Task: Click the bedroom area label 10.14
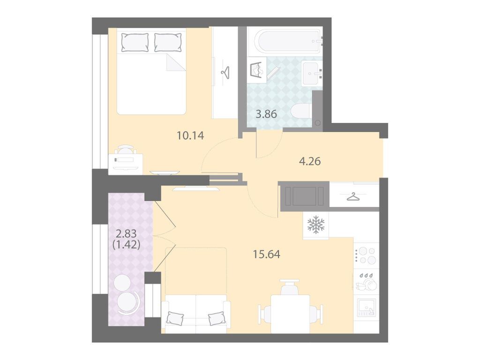(x=190, y=135)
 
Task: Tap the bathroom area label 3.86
(x=266, y=114)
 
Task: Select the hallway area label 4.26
(x=310, y=161)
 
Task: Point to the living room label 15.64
(x=267, y=254)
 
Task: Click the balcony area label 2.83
(x=126, y=234)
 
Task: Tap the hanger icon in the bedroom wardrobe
(x=225, y=73)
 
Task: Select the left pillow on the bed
(x=135, y=42)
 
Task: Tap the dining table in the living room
(x=290, y=314)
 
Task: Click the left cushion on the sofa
(x=175, y=318)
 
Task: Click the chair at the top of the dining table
(x=290, y=287)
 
